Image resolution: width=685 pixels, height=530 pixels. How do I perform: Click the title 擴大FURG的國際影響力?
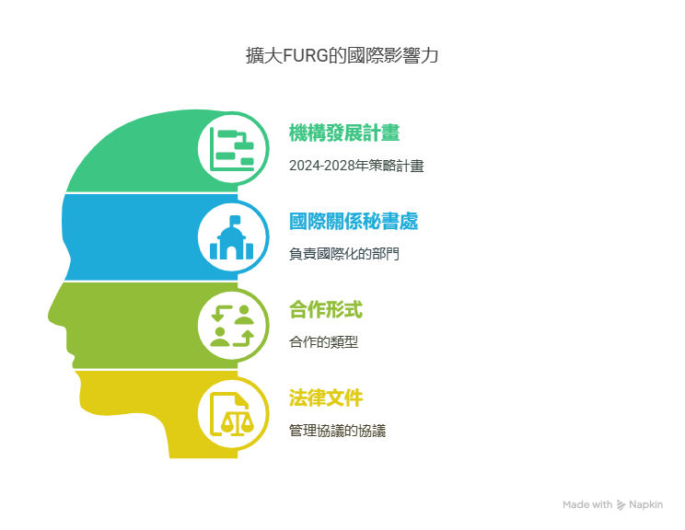(342, 56)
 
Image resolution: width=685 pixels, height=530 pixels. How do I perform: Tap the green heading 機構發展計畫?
(344, 133)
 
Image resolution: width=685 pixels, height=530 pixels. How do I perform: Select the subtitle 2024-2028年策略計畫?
(356, 166)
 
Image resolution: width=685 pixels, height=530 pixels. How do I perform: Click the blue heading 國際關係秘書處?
(354, 222)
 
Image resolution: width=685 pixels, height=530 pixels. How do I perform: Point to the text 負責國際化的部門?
(344, 254)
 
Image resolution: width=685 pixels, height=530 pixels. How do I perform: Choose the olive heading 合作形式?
(326, 310)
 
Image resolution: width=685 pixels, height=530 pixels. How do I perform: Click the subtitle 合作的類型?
(324, 342)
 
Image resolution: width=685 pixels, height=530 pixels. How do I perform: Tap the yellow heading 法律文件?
(326, 398)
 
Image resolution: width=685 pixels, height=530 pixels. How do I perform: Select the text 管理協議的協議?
(337, 431)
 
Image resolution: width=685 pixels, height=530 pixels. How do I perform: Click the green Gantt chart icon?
(232, 149)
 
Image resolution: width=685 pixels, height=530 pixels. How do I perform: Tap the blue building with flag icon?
(232, 237)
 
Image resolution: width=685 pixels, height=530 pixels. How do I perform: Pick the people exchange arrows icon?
(232, 326)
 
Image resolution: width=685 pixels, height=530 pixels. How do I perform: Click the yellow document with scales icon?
(232, 414)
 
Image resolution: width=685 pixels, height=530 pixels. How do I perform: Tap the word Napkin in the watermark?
(645, 504)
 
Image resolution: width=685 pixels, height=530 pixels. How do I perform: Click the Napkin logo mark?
(621, 505)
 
